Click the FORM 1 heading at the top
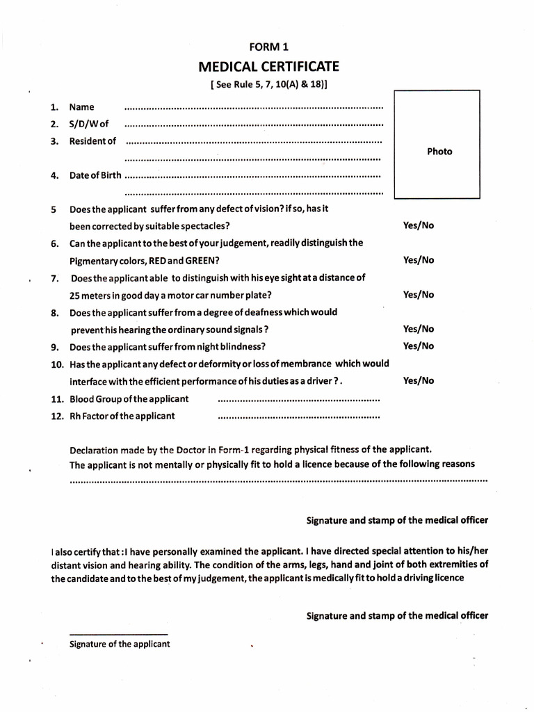[x=268, y=47]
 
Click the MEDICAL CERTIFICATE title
[x=268, y=67]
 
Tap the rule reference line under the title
[x=268, y=86]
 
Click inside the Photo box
[x=437, y=145]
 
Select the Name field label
[x=82, y=107]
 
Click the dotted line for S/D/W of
[x=253, y=125]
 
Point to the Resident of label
[x=92, y=141]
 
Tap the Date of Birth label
[x=95, y=175]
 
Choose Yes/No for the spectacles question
[x=419, y=226]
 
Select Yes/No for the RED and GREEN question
[x=419, y=260]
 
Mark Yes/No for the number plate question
[x=419, y=295]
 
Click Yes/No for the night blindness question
[x=419, y=346]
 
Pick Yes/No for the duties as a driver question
[x=419, y=381]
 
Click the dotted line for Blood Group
[x=299, y=400]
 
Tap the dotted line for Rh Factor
[x=299, y=418]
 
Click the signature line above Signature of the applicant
[x=119, y=634]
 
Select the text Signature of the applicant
[x=120, y=644]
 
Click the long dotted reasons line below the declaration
[x=278, y=480]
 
